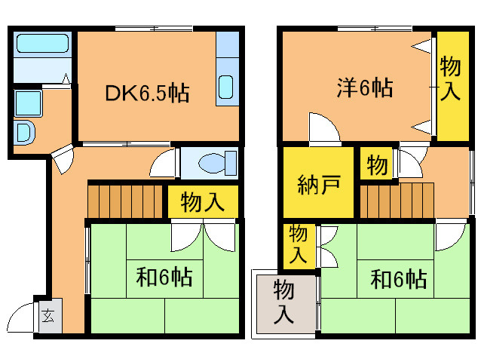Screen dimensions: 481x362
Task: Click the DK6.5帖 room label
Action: [147, 93]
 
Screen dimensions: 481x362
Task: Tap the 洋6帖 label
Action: [365, 87]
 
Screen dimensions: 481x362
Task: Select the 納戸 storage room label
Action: [319, 184]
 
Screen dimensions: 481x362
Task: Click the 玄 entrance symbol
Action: [48, 315]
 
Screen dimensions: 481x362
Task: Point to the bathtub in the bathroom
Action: [42, 43]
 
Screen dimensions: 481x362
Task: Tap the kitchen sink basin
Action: [226, 87]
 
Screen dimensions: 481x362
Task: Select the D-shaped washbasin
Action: [25, 132]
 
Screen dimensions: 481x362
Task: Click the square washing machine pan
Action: [28, 103]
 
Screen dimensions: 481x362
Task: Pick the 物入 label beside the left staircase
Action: [203, 202]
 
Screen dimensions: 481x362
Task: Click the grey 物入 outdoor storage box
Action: [284, 304]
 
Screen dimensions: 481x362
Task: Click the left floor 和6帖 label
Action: [164, 277]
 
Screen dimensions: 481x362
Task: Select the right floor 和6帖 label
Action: [399, 279]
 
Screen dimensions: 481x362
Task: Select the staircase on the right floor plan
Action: [397, 201]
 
